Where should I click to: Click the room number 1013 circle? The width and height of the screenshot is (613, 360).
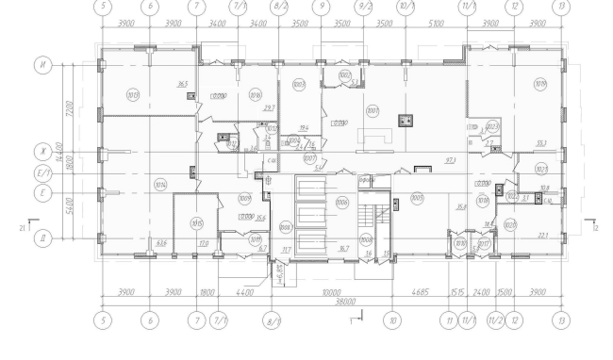133,93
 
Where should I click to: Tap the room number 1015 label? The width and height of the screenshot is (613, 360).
196,222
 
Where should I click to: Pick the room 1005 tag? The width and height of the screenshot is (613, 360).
417,198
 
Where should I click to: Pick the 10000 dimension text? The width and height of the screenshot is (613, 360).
330,292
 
